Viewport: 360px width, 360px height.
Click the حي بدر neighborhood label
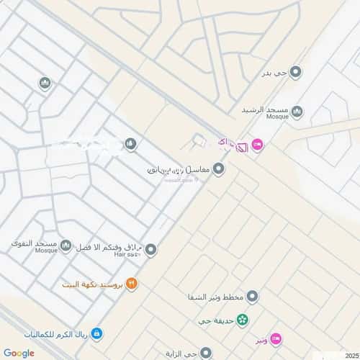click(278, 73)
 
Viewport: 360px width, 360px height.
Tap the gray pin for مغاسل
click(218, 168)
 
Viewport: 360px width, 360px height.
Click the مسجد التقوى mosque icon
click(66, 247)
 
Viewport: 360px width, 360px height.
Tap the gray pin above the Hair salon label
click(150, 250)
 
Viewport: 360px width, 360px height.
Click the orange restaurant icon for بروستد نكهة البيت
click(131, 284)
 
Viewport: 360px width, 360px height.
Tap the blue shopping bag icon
click(96, 333)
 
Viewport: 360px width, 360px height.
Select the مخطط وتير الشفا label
click(214, 297)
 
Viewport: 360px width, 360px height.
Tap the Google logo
click(18, 352)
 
